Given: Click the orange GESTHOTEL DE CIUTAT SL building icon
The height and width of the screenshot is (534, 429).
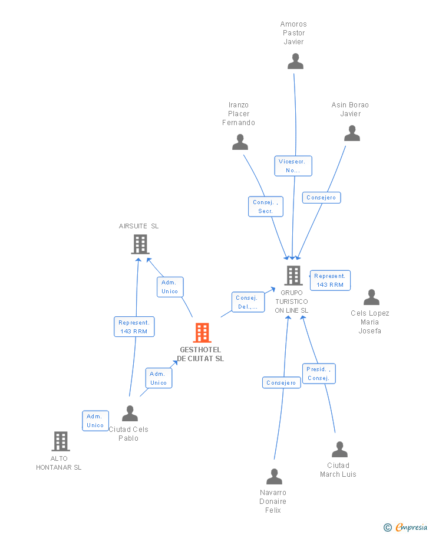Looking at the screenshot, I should (202, 333).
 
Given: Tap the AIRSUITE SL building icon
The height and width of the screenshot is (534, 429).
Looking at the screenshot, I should (140, 244).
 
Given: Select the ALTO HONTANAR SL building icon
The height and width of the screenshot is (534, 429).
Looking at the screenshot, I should (60, 441).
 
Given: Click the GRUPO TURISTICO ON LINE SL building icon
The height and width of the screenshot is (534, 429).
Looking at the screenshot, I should (293, 275).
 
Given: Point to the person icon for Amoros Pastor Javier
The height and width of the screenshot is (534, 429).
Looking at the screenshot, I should (295, 61).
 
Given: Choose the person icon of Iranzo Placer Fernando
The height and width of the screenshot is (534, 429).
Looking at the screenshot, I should (240, 142).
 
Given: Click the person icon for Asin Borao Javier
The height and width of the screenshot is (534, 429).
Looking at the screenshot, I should (352, 133).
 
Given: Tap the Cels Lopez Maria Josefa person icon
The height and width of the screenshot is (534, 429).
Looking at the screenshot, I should (371, 297).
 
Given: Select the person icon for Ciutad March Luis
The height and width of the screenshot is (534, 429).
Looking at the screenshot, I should (339, 450).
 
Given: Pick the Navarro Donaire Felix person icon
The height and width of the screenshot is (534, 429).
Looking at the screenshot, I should (274, 476).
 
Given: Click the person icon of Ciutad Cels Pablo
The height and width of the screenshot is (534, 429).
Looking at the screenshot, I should (130, 413).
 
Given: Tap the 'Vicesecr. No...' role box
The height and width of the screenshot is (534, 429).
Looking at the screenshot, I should (293, 166).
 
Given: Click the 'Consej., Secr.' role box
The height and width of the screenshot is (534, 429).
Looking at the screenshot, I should (265, 207).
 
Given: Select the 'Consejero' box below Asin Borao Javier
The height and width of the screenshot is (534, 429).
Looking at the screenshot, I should (321, 198).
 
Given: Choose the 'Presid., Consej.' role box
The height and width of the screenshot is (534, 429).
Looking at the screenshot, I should (318, 374).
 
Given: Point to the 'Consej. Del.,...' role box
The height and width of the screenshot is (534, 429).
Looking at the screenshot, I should (247, 302).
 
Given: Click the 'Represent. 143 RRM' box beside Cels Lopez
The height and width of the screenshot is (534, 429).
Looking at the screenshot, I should (330, 280).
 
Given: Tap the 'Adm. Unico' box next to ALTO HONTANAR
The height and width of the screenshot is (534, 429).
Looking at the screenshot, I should (95, 421).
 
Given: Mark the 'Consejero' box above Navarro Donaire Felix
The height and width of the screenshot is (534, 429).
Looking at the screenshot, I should (281, 383).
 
